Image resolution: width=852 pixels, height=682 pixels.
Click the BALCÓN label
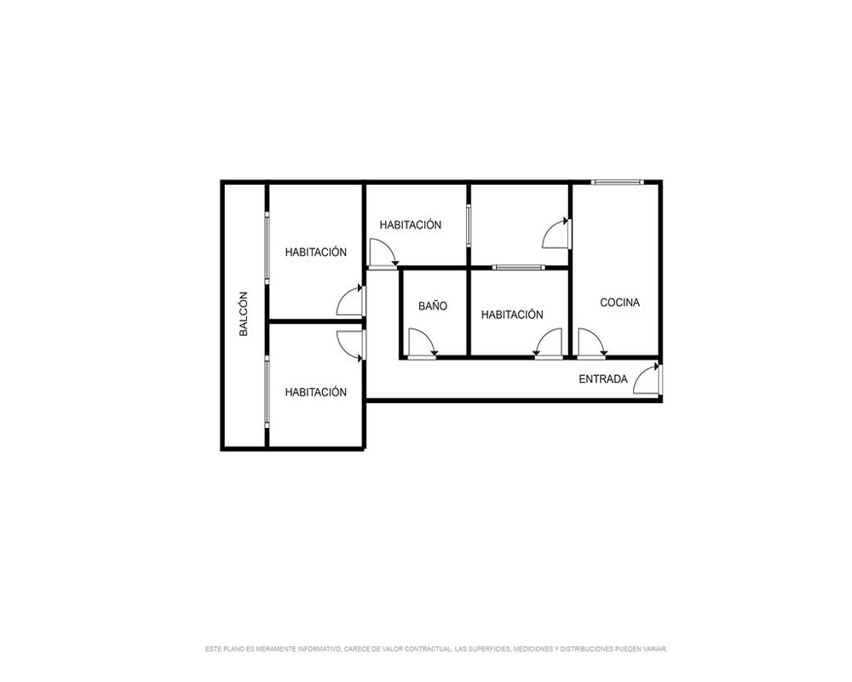(x=244, y=315)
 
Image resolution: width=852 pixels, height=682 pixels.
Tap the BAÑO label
(x=433, y=306)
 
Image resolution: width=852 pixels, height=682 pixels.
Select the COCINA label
(x=620, y=303)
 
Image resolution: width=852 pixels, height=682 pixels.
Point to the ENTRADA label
(x=603, y=379)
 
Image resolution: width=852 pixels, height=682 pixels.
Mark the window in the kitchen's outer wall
(x=617, y=182)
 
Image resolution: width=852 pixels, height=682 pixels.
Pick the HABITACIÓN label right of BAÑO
(x=512, y=315)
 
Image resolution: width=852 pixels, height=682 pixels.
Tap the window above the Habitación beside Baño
(x=518, y=267)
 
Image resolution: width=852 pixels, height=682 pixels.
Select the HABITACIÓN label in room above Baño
(x=411, y=224)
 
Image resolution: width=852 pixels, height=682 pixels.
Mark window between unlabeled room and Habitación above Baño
(x=469, y=225)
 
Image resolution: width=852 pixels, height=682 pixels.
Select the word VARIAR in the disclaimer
(x=656, y=649)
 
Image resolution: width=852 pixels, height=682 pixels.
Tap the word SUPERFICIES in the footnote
(x=490, y=649)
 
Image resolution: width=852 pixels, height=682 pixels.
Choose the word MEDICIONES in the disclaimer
(x=533, y=649)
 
